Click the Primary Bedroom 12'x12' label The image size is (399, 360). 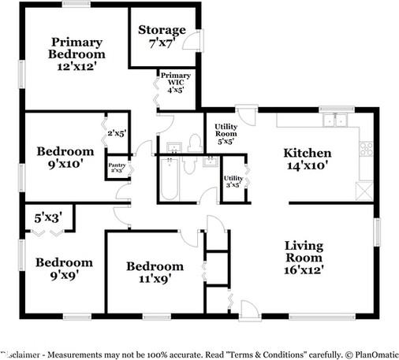pos(77,54)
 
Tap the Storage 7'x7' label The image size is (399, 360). pos(162,36)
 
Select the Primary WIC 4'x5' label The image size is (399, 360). pos(175,84)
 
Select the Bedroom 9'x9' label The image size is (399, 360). pos(62,269)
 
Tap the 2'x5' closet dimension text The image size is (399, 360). pos(117,134)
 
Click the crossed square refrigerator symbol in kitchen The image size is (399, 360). pos(364,191)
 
